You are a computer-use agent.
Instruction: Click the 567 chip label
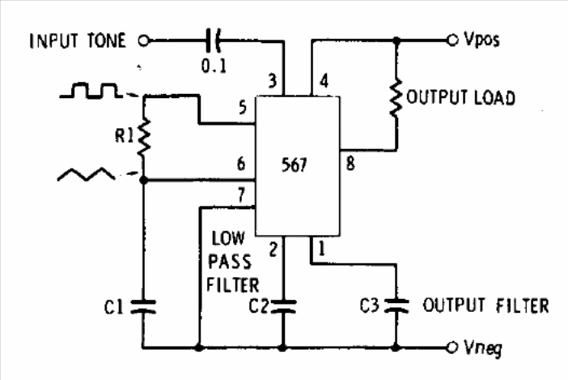point(294,165)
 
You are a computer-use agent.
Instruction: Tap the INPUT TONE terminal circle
point(143,41)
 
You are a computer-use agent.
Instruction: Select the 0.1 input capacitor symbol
point(212,41)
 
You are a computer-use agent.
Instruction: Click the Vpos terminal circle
point(451,40)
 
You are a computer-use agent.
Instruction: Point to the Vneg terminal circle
point(451,348)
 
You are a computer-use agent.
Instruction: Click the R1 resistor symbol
point(144,137)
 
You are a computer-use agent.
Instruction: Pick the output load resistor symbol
point(396,98)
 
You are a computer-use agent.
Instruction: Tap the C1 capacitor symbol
point(143,307)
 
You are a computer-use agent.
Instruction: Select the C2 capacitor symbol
point(283,306)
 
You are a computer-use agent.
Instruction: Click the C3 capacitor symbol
point(396,305)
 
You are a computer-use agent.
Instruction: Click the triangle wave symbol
point(87,174)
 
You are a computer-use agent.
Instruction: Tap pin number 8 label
point(350,164)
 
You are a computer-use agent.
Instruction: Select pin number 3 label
point(273,80)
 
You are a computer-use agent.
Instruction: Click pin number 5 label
point(243,108)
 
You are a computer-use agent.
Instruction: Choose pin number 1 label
point(321,249)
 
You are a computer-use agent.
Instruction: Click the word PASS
point(230,262)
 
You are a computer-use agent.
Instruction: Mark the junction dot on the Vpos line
point(397,40)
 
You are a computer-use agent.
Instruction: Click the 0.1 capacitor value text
point(214,66)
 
